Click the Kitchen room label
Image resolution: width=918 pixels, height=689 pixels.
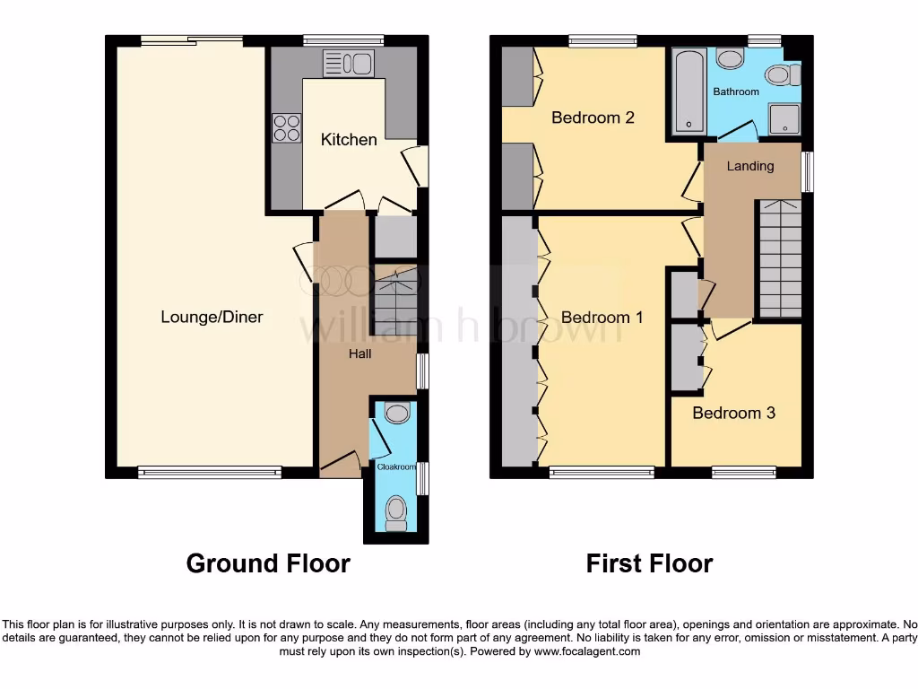(349, 139)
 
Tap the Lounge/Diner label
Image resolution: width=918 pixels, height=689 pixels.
(212, 317)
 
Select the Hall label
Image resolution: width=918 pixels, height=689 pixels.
(359, 353)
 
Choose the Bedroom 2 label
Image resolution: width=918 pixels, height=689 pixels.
(593, 118)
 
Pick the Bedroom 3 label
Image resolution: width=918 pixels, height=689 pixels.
(733, 413)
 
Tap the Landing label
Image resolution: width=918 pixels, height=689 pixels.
(749, 166)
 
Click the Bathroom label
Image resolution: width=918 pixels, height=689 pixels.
(736, 92)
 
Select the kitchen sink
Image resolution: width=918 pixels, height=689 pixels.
(348, 63)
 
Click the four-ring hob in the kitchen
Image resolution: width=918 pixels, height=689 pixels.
(287, 127)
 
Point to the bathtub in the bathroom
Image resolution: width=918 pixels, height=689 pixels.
(689, 92)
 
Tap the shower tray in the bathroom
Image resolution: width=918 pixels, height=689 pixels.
(784, 118)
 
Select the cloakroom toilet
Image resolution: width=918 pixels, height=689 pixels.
(395, 511)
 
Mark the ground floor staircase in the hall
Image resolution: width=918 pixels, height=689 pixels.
(394, 301)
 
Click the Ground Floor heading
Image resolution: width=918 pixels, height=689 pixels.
(268, 563)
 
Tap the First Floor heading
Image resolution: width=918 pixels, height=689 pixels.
(649, 563)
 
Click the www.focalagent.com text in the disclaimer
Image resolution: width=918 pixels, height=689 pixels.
(586, 651)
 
